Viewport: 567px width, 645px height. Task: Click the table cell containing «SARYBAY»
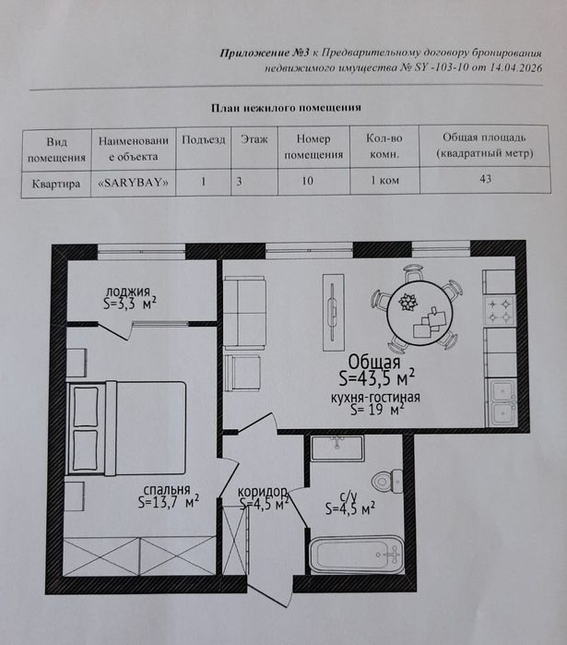[134, 182]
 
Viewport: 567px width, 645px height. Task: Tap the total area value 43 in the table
[484, 179]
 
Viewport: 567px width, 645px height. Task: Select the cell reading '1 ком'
[384, 181]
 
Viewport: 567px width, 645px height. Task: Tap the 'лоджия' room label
[127, 291]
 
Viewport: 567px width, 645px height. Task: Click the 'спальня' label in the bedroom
[166, 490]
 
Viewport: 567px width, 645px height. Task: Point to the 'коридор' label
[263, 491]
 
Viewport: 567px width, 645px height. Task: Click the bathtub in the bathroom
[356, 554]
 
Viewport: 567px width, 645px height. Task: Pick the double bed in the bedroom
[126, 427]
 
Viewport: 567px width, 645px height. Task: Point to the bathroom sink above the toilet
[337, 449]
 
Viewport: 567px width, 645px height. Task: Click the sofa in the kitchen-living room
[245, 314]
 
